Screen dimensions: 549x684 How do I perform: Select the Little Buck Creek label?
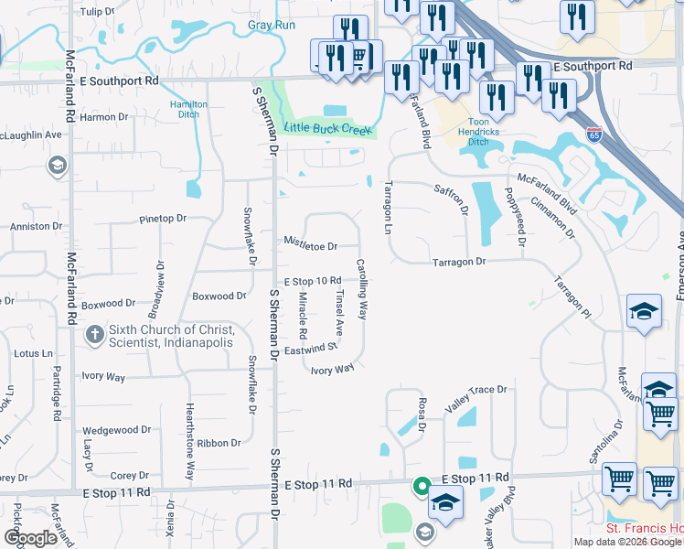click(x=328, y=129)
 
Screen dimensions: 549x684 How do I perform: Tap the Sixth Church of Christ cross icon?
click(x=94, y=336)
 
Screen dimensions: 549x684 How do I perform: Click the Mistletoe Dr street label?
click(x=311, y=246)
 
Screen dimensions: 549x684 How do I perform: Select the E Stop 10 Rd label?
click(x=313, y=281)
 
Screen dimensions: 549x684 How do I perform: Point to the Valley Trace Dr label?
click(x=476, y=390)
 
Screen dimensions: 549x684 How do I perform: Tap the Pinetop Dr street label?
click(x=163, y=219)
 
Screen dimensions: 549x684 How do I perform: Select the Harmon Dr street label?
click(x=103, y=117)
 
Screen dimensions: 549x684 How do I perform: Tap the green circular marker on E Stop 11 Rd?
click(x=422, y=486)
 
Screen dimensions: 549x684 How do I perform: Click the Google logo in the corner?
click(x=30, y=538)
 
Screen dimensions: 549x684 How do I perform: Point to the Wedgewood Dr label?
click(x=116, y=430)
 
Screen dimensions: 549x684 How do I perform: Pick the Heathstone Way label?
click(x=190, y=442)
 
